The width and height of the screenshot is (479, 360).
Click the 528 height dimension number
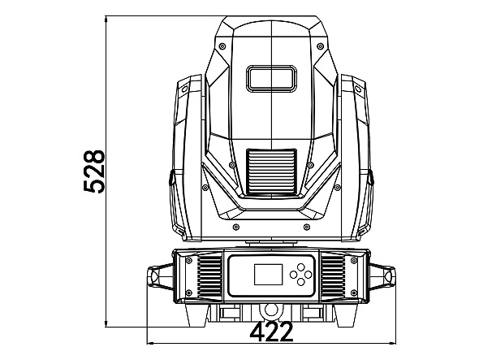click(94, 171)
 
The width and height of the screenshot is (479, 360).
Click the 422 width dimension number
click(272, 332)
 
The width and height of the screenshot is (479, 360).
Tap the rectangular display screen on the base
click(268, 275)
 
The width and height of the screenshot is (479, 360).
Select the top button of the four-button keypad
click(300, 267)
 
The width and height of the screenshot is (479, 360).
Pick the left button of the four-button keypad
click(293, 275)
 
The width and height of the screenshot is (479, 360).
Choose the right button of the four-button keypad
click(308, 275)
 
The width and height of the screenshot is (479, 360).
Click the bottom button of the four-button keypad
click(300, 282)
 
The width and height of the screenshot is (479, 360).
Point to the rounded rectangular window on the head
click(272, 78)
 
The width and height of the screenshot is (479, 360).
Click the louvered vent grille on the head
click(272, 172)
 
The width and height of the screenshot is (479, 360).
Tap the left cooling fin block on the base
click(209, 276)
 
